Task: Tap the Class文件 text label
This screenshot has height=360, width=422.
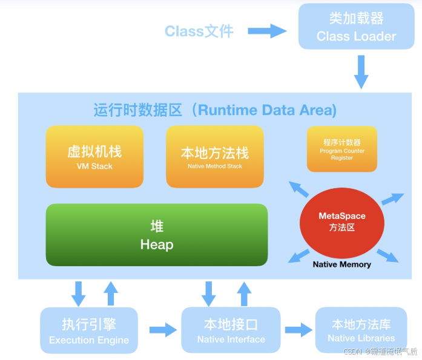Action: coord(199,31)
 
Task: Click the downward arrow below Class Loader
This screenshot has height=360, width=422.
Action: coord(361,72)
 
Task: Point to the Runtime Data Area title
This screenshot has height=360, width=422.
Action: coord(215,110)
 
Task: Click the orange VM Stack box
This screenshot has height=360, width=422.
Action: coord(94,157)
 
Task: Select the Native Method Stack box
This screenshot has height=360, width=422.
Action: coord(214,157)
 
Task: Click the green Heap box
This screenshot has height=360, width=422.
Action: coord(156,235)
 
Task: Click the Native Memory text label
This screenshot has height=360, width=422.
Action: coord(341,264)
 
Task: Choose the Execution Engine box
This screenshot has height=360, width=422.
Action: coord(89,330)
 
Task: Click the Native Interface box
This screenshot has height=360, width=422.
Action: coord(231,330)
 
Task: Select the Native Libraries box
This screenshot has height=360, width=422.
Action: coord(361,330)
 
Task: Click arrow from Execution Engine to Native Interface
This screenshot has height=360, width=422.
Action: coord(160,330)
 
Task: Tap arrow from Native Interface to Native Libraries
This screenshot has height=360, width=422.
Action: coord(297,330)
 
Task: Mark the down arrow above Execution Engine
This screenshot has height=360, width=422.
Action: coord(78,293)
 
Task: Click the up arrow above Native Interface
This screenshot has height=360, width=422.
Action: coord(244,293)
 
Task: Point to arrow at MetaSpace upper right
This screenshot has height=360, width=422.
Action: coord(392,198)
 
